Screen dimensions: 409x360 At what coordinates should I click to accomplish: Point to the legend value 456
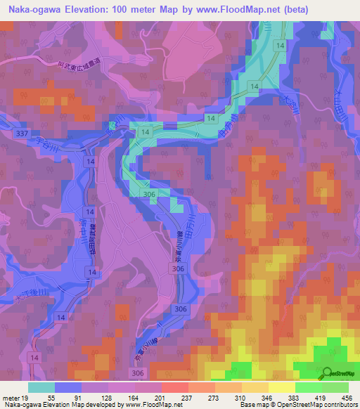click(x=348, y=397)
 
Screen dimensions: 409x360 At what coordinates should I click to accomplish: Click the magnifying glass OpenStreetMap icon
click(x=329, y=375)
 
